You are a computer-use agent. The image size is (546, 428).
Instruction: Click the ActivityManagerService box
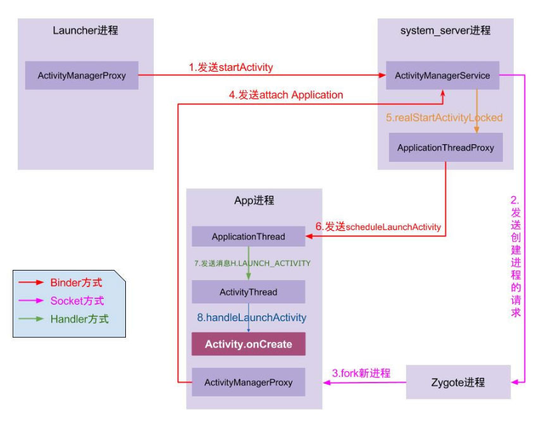point(442,76)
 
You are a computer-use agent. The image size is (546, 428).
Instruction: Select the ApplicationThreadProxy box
point(445,147)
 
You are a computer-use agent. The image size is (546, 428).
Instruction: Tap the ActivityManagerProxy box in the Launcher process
point(82,76)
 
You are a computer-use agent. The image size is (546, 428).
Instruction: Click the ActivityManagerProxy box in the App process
point(248,382)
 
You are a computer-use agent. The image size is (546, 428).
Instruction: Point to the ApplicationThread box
point(248,237)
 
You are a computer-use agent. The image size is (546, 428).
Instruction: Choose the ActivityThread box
point(248,292)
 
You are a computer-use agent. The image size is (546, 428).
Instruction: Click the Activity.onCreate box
point(248,345)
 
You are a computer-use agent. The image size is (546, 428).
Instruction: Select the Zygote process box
point(458,382)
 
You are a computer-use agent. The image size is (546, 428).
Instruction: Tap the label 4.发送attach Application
point(286,95)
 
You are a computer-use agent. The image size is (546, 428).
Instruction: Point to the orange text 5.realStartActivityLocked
point(444,118)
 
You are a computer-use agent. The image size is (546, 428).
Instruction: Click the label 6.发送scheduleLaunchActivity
point(378,226)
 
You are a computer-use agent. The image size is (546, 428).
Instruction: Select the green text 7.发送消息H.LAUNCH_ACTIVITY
point(252,263)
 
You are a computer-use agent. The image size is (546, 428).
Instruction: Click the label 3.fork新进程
point(361,373)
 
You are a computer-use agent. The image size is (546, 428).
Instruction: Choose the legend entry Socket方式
point(77,301)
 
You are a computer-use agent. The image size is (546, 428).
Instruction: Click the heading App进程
point(254,200)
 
